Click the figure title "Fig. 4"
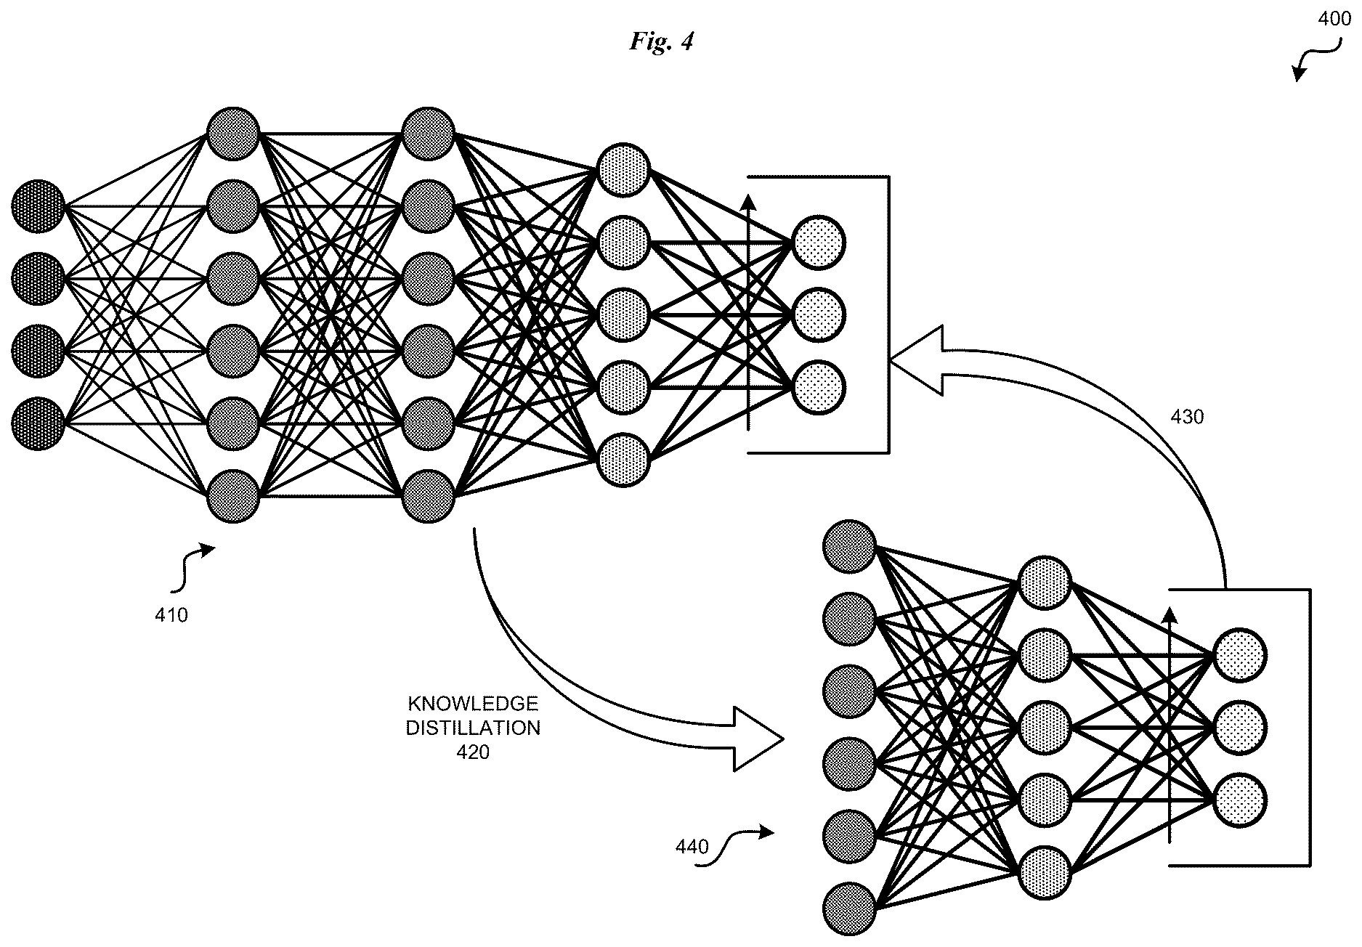(x=661, y=42)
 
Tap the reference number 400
(x=1334, y=20)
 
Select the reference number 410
(x=171, y=615)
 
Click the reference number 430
(x=1187, y=417)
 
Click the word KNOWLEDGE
(x=473, y=704)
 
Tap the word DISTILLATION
(x=473, y=728)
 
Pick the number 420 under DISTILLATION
(x=473, y=752)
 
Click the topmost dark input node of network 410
(x=38, y=206)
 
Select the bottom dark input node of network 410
(x=38, y=423)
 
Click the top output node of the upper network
(x=819, y=243)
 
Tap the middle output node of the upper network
(x=819, y=315)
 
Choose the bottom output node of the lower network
(x=1239, y=800)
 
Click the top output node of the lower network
(x=1239, y=656)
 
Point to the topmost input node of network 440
(x=850, y=547)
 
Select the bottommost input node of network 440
(x=850, y=909)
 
